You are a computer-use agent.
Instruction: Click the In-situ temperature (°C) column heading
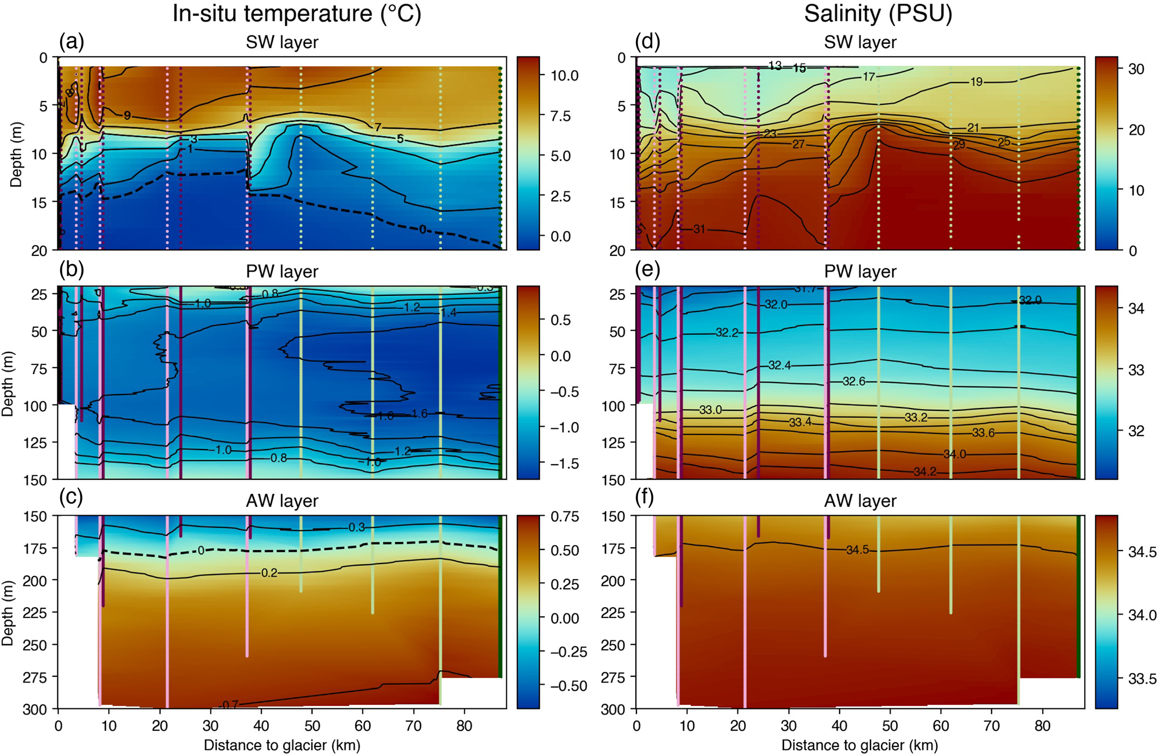(x=296, y=13)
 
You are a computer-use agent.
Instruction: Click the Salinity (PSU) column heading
(x=878, y=13)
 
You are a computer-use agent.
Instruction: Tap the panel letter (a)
(x=72, y=42)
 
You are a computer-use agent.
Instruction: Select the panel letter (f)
(x=648, y=497)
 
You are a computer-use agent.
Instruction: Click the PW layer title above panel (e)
(x=860, y=272)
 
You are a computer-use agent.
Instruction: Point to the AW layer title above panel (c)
(x=282, y=501)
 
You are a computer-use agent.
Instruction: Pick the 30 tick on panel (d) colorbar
(x=1136, y=69)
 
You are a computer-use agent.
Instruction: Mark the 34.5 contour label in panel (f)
(x=857, y=550)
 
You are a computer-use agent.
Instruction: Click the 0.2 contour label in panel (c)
(x=269, y=573)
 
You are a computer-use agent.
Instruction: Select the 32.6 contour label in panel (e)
(x=854, y=382)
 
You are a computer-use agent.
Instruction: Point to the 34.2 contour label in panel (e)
(x=924, y=472)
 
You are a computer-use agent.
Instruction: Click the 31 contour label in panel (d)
(x=699, y=229)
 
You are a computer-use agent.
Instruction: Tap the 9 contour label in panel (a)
(x=127, y=116)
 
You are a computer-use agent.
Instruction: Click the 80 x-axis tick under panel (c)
(x=464, y=725)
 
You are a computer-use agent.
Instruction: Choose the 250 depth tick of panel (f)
(x=616, y=645)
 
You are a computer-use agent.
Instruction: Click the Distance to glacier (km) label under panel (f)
(x=859, y=745)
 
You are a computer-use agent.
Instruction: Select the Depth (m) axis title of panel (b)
(x=8, y=384)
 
